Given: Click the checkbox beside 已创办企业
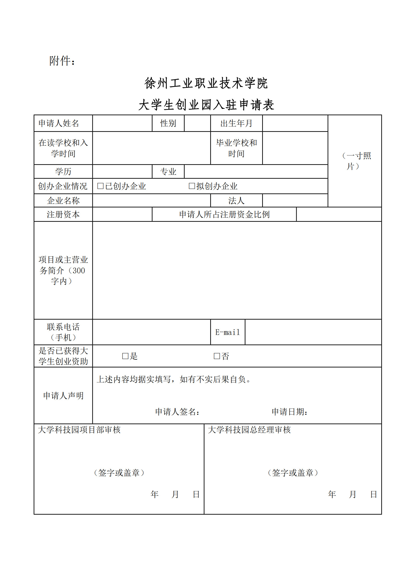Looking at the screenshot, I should click(100, 186).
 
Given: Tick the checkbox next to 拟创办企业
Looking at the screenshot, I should click(192, 186).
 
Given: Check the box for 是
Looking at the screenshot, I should click(125, 356).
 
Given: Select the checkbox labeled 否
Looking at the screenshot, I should click(217, 356).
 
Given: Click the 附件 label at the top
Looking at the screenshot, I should click(62, 61).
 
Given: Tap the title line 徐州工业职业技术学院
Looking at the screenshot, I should click(206, 83).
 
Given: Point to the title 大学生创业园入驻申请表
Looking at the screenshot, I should click(206, 105).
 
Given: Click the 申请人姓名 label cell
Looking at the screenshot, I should click(59, 123).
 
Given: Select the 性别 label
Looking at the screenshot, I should click(168, 123).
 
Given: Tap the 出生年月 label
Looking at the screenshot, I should click(236, 123).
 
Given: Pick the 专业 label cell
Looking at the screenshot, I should click(168, 172).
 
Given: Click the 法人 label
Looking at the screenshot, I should click(236, 201).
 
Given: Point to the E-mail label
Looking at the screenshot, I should click(228, 332).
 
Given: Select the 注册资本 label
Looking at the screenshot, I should click(63, 215).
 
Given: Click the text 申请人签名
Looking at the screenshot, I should click(177, 412).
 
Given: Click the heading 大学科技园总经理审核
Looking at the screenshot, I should click(249, 430).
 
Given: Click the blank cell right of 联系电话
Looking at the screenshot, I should click(151, 332).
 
